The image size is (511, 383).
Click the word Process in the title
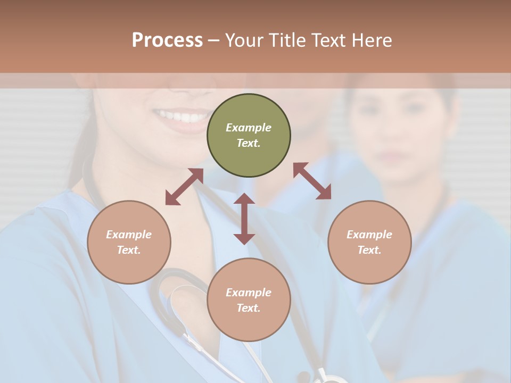167,40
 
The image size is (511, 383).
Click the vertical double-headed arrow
244,219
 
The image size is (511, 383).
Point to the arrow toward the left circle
184,187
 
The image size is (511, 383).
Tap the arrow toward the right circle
312,181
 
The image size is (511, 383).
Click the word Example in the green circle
249,128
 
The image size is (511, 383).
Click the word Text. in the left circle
129,250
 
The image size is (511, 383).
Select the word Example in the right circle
369,235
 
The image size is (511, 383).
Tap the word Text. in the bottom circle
249,308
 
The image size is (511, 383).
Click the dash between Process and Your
213,40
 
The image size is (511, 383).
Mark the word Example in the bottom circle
249,293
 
